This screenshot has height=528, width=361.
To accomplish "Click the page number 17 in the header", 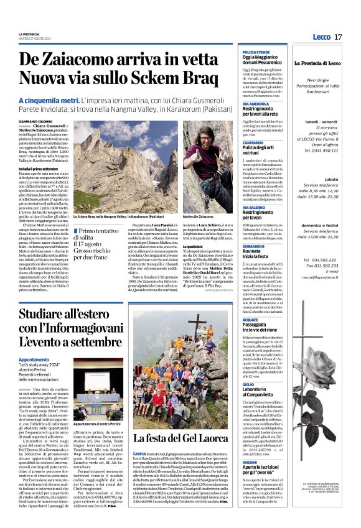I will pos(338,37).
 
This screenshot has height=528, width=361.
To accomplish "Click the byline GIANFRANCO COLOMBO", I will pos(37,121).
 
